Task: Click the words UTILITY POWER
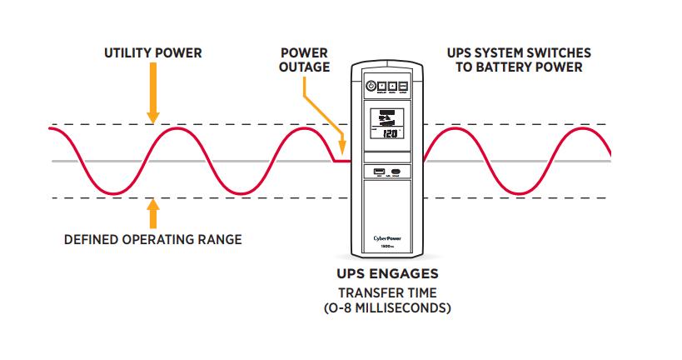152,53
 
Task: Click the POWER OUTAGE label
303,61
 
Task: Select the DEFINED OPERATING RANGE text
153,240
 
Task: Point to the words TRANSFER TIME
386,292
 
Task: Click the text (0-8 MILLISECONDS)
386,307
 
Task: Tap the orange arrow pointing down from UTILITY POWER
152,96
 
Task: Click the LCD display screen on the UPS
386,124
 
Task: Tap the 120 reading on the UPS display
390,132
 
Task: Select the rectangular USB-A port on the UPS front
377,172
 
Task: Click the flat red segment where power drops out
341,161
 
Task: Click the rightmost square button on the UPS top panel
403,86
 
